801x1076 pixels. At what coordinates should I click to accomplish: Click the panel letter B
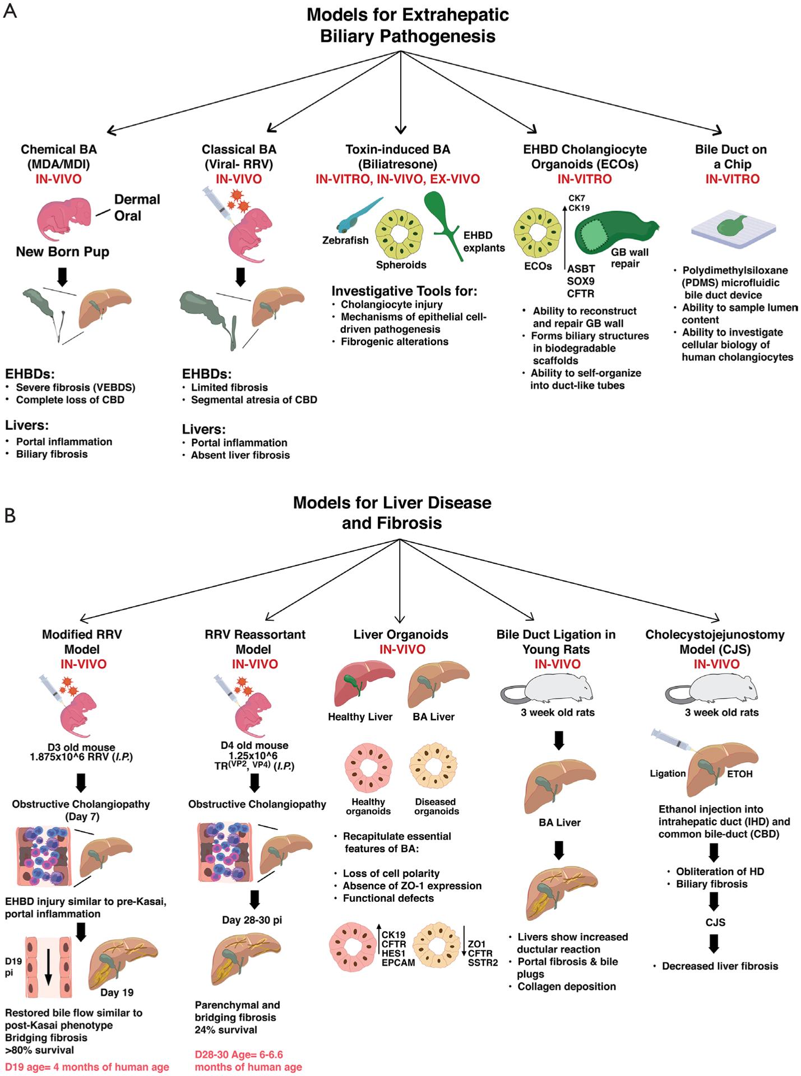click(x=10, y=515)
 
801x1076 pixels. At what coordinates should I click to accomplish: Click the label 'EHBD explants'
click(x=484, y=242)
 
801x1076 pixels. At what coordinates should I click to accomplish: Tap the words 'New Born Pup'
click(x=62, y=252)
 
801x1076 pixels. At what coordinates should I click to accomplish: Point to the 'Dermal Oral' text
click(x=137, y=207)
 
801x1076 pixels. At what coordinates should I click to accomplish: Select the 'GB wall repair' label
click(x=629, y=258)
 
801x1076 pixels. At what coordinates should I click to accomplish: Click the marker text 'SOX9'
click(x=581, y=281)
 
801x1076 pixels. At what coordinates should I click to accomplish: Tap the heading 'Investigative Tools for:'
click(x=404, y=291)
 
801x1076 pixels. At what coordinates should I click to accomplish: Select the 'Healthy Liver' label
click(x=360, y=717)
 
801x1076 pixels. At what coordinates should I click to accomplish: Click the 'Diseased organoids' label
click(x=436, y=806)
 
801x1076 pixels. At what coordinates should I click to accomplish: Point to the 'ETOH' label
click(x=740, y=774)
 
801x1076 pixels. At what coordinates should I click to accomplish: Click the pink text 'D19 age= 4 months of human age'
click(x=87, y=1067)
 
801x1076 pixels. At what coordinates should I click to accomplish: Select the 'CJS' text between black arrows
click(x=715, y=922)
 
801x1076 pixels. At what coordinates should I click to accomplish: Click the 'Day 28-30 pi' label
click(x=252, y=920)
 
